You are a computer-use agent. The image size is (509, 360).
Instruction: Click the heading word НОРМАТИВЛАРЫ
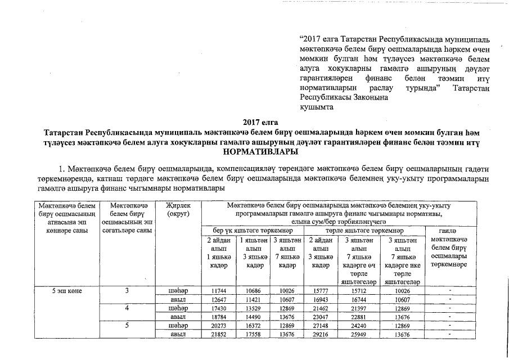click(260, 152)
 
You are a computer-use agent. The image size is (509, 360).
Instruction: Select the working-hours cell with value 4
click(128, 309)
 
